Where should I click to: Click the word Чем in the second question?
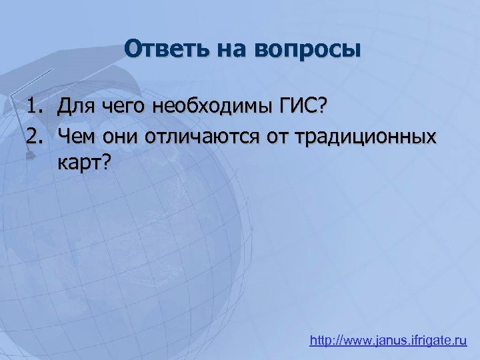77,137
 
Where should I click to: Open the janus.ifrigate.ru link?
388,341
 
